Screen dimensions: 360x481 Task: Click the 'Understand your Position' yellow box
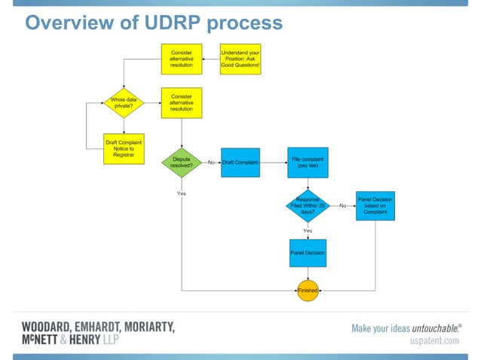240,59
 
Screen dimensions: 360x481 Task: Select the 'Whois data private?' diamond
123,102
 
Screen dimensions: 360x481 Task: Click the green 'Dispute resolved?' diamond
182,162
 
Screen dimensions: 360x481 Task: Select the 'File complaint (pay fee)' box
308,162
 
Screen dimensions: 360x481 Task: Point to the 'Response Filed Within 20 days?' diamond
308,205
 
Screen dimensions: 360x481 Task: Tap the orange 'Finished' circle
308,290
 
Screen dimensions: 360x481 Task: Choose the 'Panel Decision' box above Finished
308,253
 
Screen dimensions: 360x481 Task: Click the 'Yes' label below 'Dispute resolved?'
182,194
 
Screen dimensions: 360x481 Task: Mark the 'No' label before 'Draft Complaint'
212,163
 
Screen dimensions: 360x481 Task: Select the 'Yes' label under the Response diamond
308,230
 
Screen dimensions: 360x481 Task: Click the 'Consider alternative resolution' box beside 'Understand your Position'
181,59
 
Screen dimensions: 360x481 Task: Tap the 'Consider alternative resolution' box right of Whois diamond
182,102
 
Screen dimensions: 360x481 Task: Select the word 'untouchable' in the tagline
436,328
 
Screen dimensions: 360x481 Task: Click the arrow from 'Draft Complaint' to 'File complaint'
272,163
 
